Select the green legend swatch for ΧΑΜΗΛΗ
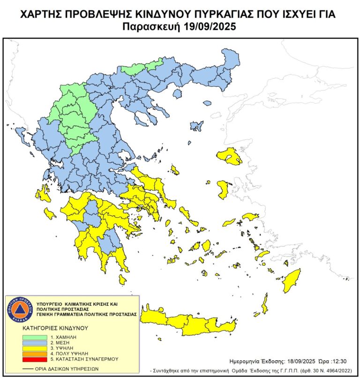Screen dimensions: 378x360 pyautogui.click(x=35, y=337)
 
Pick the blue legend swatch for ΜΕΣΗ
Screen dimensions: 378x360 pyautogui.click(x=35, y=342)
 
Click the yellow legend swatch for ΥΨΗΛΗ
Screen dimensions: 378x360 pyautogui.click(x=35, y=348)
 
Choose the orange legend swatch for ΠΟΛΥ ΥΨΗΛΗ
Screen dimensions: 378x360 pyautogui.click(x=35, y=353)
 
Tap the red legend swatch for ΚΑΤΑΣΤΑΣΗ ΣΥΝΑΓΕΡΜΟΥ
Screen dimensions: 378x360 pyautogui.click(x=35, y=359)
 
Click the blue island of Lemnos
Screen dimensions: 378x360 pyautogui.click(x=196, y=126)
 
